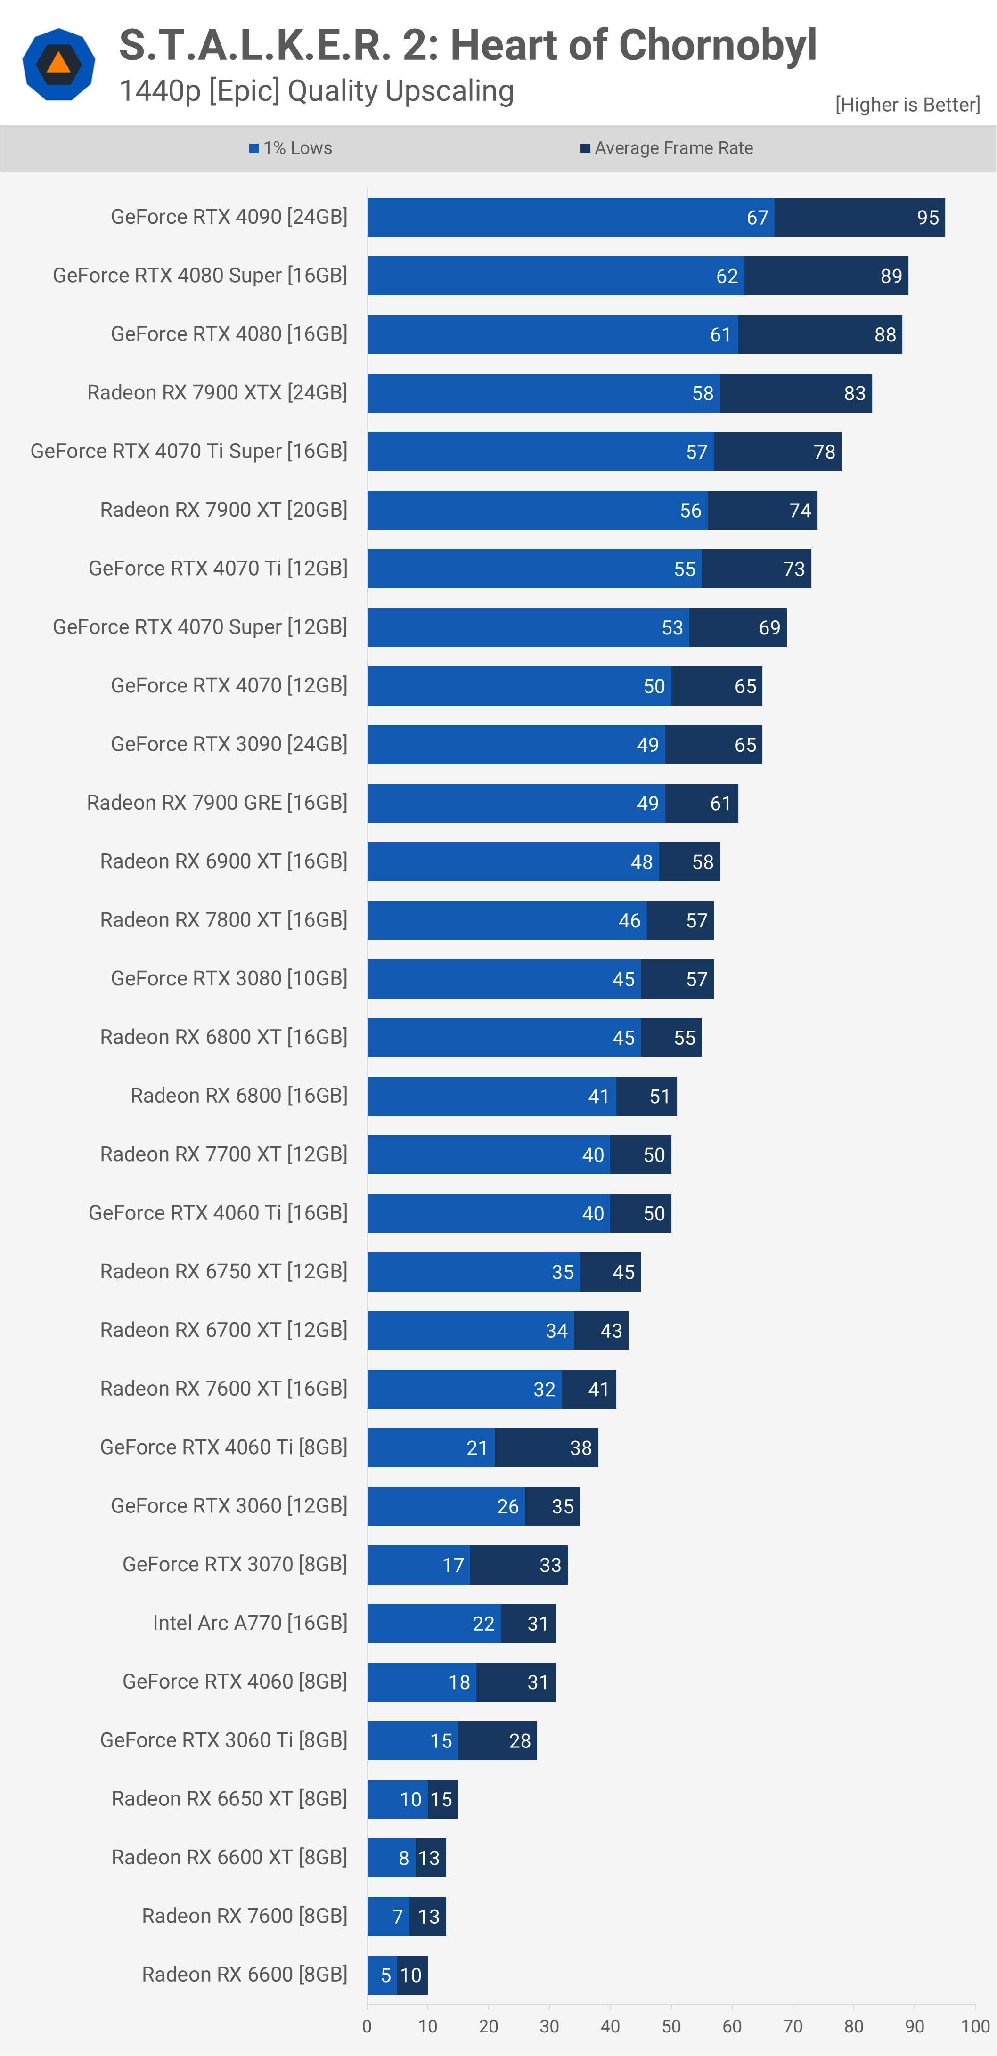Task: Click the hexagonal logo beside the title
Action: [58, 64]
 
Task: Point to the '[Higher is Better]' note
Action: [907, 105]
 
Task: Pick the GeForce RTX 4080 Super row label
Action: [200, 276]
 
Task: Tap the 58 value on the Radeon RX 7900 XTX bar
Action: [703, 393]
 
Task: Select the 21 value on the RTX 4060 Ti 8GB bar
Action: [476, 1448]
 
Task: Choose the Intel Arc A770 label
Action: [250, 1623]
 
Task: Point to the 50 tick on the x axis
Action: [670, 2026]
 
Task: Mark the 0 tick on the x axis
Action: [367, 2026]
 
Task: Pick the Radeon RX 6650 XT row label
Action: [229, 1799]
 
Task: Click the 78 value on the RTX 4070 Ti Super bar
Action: [824, 452]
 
